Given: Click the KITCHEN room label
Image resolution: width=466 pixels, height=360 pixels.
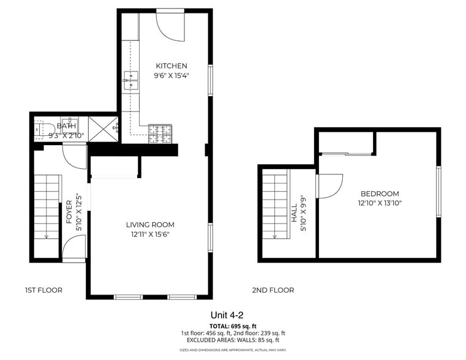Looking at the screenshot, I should pos(171,66).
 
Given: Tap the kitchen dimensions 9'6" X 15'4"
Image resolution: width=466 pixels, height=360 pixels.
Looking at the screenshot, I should pos(171,77).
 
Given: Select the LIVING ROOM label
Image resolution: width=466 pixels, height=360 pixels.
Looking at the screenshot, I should pos(150,225).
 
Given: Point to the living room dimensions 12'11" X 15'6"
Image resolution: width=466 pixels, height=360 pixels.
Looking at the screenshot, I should pos(150,234).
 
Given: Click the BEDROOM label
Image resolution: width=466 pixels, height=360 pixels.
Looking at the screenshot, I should pos(380,193).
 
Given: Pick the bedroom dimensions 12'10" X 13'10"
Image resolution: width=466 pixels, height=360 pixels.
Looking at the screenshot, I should pos(380,203).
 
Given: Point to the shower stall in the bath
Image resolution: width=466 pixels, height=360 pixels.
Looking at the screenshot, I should pos(103,129).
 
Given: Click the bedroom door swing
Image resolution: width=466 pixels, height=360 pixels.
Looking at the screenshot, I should pos(329,186).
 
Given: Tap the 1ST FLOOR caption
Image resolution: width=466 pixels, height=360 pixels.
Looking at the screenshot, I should pos(43,290).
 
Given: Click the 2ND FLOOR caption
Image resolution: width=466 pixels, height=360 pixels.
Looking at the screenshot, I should pos(273,290).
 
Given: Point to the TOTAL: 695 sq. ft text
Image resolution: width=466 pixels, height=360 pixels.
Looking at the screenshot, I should pos(233,326).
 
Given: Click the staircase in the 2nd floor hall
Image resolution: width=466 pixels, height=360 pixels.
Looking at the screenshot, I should pos(275,205).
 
